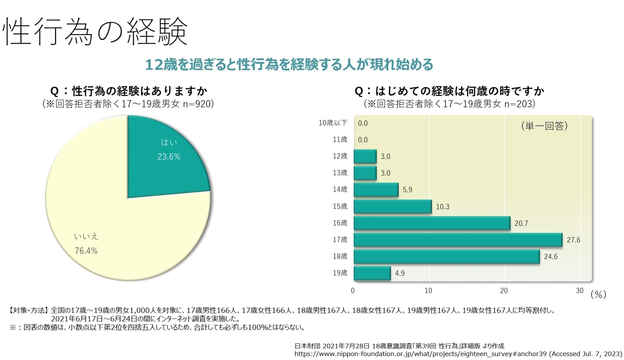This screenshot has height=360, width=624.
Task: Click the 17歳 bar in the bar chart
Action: pos(458,240)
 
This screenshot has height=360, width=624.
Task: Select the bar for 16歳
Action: pos(432,223)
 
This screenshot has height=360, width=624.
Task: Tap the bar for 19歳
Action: pos(372,273)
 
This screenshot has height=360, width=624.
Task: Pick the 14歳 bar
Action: pos(376,190)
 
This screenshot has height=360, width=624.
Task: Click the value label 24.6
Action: pos(551,257)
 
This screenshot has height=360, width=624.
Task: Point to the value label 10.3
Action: pos(443,207)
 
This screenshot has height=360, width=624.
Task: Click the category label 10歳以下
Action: pos(333,123)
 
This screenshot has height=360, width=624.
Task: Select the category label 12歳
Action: pos(340,156)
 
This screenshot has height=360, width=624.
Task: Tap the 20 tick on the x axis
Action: pos(504,291)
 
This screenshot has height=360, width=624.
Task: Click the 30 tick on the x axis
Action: pos(580,291)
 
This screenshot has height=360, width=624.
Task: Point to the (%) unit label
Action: pos(598,294)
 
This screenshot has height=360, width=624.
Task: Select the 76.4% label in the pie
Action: pos(86,251)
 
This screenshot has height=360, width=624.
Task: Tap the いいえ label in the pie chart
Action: pos(86,237)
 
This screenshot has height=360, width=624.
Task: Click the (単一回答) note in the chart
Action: pos(544,126)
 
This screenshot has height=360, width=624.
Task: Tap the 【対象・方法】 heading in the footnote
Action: pos(28,311)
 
